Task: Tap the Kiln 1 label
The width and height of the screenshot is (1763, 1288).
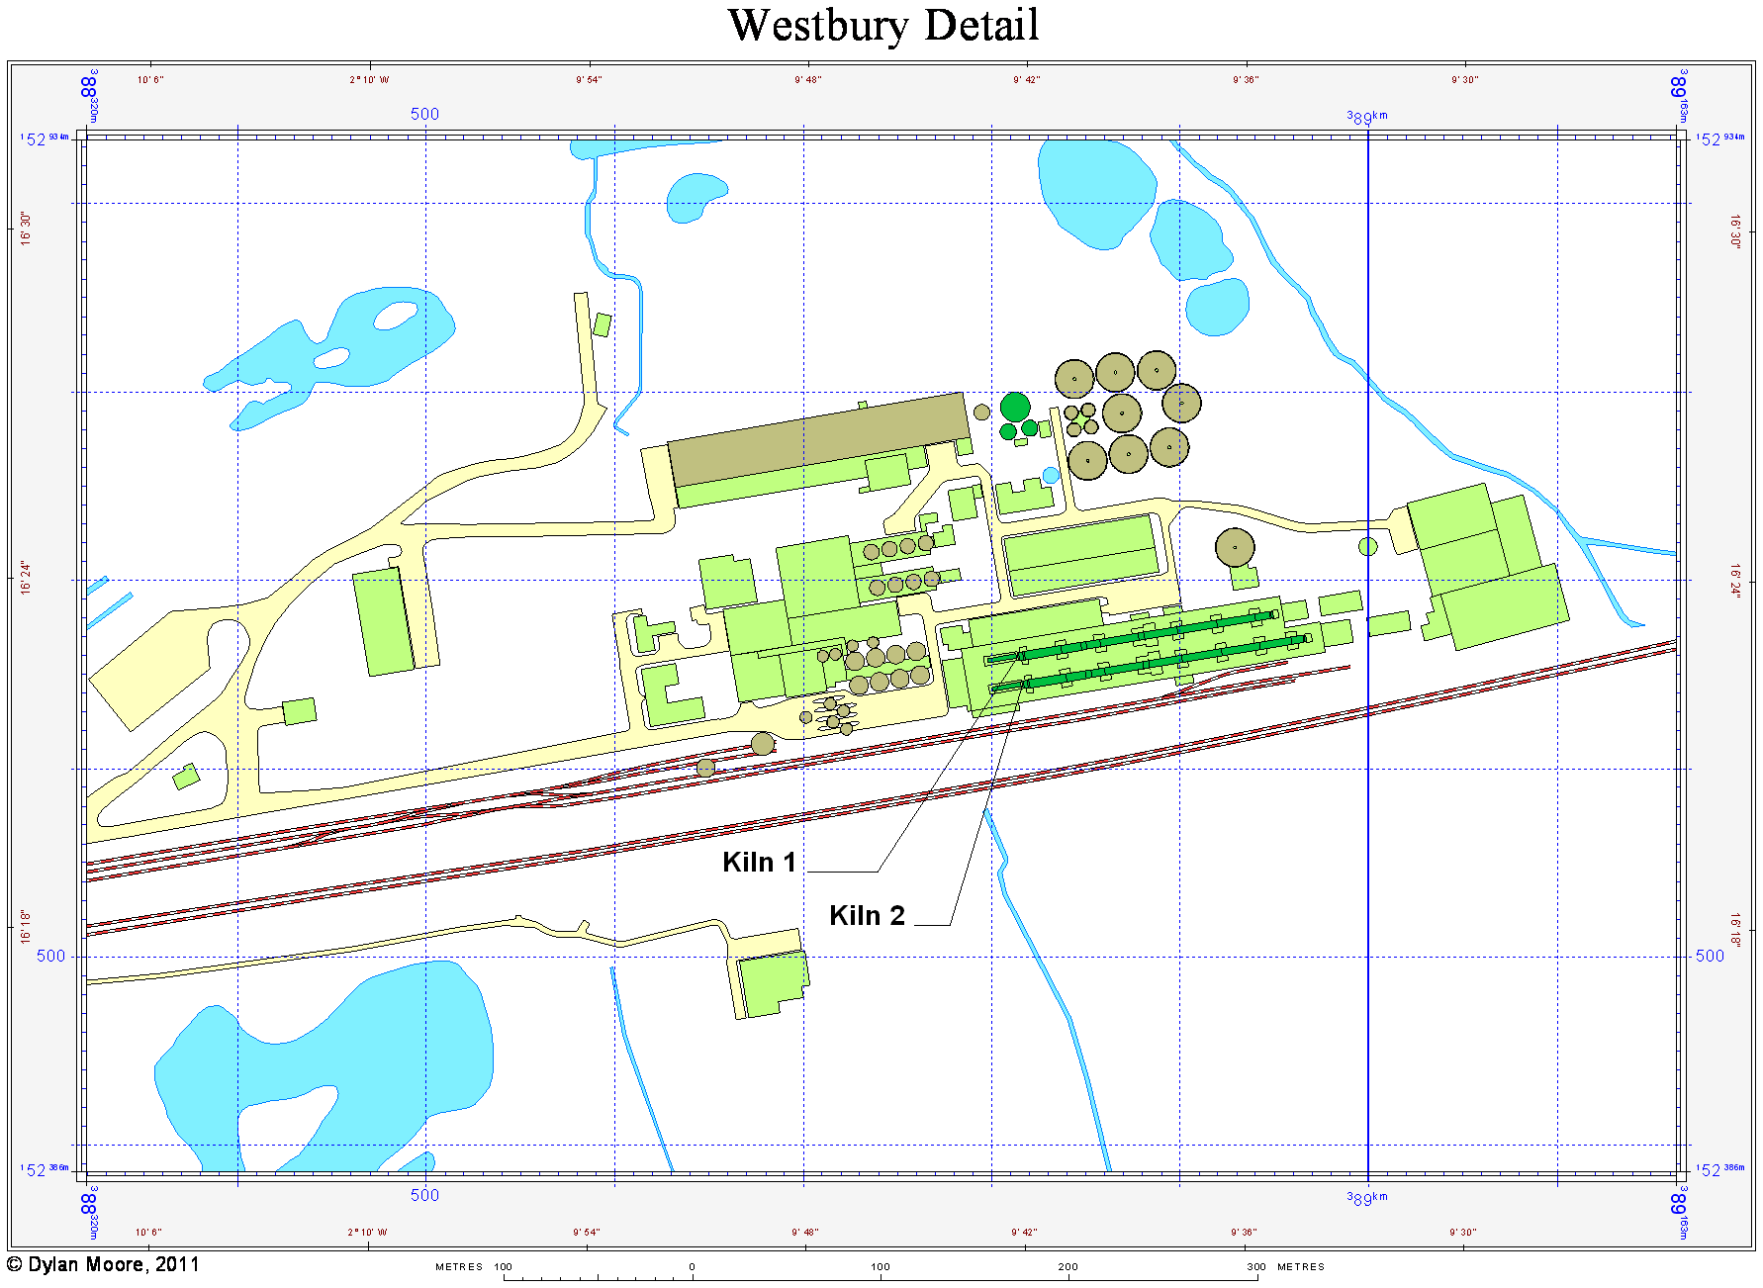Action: click(x=759, y=863)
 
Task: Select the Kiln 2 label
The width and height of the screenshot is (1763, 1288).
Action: click(x=867, y=916)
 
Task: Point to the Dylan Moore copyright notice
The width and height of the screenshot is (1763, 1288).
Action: click(x=103, y=1264)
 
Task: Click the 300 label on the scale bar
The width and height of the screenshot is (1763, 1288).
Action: click(x=1255, y=1266)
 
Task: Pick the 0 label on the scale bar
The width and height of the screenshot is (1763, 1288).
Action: click(x=692, y=1266)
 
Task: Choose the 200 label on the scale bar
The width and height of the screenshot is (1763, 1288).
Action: click(x=1067, y=1266)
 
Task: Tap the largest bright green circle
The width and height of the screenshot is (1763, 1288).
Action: click(x=1015, y=407)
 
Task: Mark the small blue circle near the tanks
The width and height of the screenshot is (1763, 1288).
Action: click(x=1051, y=476)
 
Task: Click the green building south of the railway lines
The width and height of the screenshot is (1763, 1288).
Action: click(x=773, y=982)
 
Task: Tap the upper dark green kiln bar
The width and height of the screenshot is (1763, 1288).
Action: click(x=1148, y=634)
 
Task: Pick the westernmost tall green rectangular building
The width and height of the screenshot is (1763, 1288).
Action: click(x=383, y=621)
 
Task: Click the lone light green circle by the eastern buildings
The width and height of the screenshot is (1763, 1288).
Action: click(x=1368, y=546)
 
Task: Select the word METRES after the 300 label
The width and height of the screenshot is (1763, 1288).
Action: click(x=1300, y=1266)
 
